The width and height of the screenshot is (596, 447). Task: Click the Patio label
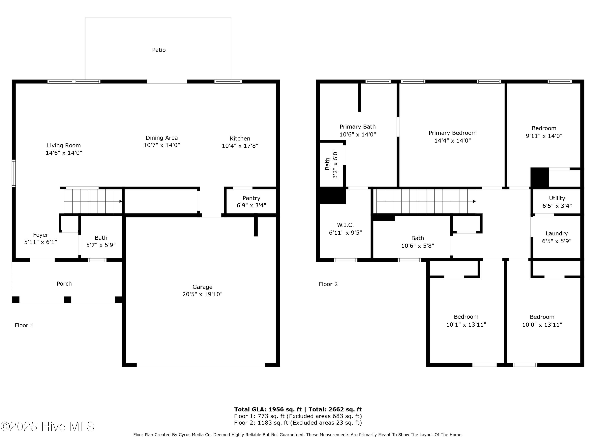pyautogui.click(x=159, y=50)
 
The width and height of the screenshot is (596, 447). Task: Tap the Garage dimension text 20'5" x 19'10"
pyautogui.click(x=202, y=294)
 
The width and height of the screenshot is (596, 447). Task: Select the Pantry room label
pyautogui.click(x=251, y=198)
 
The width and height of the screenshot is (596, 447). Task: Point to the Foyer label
pyautogui.click(x=41, y=235)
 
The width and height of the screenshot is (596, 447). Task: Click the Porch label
pyautogui.click(x=64, y=284)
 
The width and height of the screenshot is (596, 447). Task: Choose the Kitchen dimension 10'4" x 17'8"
pyautogui.click(x=240, y=146)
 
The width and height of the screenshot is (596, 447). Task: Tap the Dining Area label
pyautogui.click(x=162, y=138)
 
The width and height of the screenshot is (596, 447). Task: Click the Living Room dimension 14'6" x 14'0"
pyautogui.click(x=64, y=153)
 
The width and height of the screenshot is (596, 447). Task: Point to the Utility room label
pyautogui.click(x=557, y=198)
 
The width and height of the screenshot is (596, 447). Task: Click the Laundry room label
pyautogui.click(x=557, y=234)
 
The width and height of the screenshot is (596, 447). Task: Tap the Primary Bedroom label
pyautogui.click(x=453, y=133)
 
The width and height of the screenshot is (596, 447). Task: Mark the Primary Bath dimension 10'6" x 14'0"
pyautogui.click(x=358, y=134)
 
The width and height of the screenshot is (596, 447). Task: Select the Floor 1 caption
pyautogui.click(x=24, y=325)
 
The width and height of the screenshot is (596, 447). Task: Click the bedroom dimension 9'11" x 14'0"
pyautogui.click(x=544, y=136)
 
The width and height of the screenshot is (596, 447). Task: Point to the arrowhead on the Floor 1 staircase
pyautogui.click(x=121, y=201)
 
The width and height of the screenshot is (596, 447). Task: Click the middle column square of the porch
pyautogui.click(x=67, y=300)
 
